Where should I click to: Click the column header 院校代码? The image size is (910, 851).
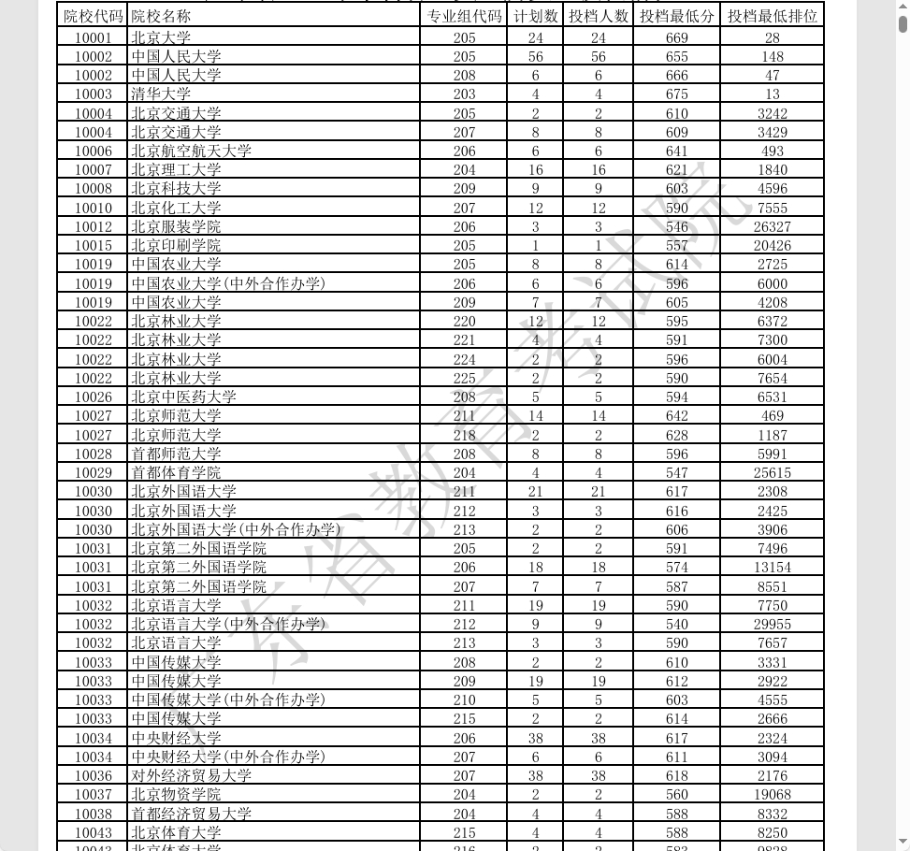click(93, 16)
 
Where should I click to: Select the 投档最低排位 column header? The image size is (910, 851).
click(772, 16)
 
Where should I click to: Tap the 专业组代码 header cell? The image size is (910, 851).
click(464, 16)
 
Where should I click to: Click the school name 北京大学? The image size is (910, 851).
click(161, 38)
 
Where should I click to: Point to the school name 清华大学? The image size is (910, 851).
click(161, 94)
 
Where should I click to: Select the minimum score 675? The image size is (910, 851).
click(676, 94)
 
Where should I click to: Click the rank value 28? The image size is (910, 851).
click(772, 38)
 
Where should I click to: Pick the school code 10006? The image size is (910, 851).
click(93, 151)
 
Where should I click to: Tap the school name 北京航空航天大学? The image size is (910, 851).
click(191, 151)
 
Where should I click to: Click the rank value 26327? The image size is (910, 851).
click(772, 227)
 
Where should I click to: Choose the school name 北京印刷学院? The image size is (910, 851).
click(176, 246)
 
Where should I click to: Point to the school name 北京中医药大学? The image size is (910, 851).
click(183, 397)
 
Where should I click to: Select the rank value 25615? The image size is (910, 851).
click(772, 473)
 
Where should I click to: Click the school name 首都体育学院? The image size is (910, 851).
click(176, 473)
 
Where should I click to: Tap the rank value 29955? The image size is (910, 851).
click(772, 625)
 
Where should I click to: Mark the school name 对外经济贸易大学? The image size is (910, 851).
click(191, 776)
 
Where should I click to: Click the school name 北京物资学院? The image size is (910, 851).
click(176, 795)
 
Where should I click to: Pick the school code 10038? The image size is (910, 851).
click(93, 815)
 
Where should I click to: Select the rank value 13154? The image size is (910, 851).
click(772, 568)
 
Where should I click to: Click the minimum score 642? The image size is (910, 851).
click(676, 416)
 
